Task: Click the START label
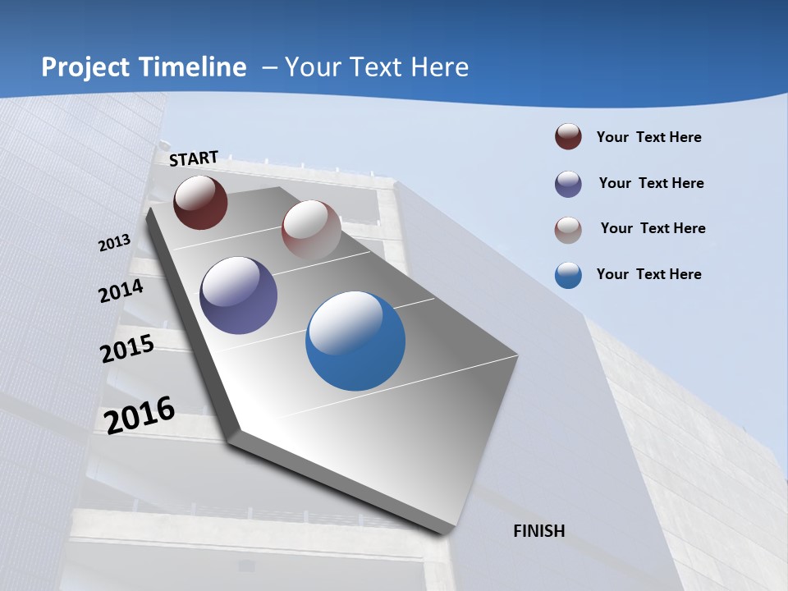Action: point(194,158)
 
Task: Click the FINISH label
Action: point(539,531)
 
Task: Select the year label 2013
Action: point(114,243)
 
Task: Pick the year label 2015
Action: point(126,349)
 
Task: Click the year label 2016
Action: point(140,415)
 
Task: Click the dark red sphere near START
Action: point(200,202)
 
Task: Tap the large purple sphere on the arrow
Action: point(239,295)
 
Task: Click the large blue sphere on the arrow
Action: point(355,341)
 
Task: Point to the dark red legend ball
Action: point(568,137)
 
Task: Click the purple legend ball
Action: point(568,184)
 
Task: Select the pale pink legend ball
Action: point(568,230)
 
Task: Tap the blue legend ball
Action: point(568,275)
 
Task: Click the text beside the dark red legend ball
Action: point(648,137)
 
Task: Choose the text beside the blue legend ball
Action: point(648,274)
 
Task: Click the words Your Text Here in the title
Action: point(377,67)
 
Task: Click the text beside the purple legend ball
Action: point(651,183)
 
